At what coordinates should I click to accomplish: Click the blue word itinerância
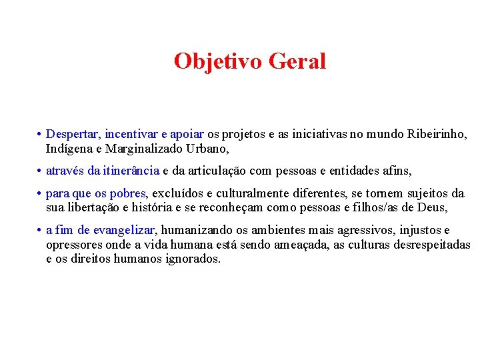point(130,171)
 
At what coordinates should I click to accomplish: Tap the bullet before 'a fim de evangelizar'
point(40,231)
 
